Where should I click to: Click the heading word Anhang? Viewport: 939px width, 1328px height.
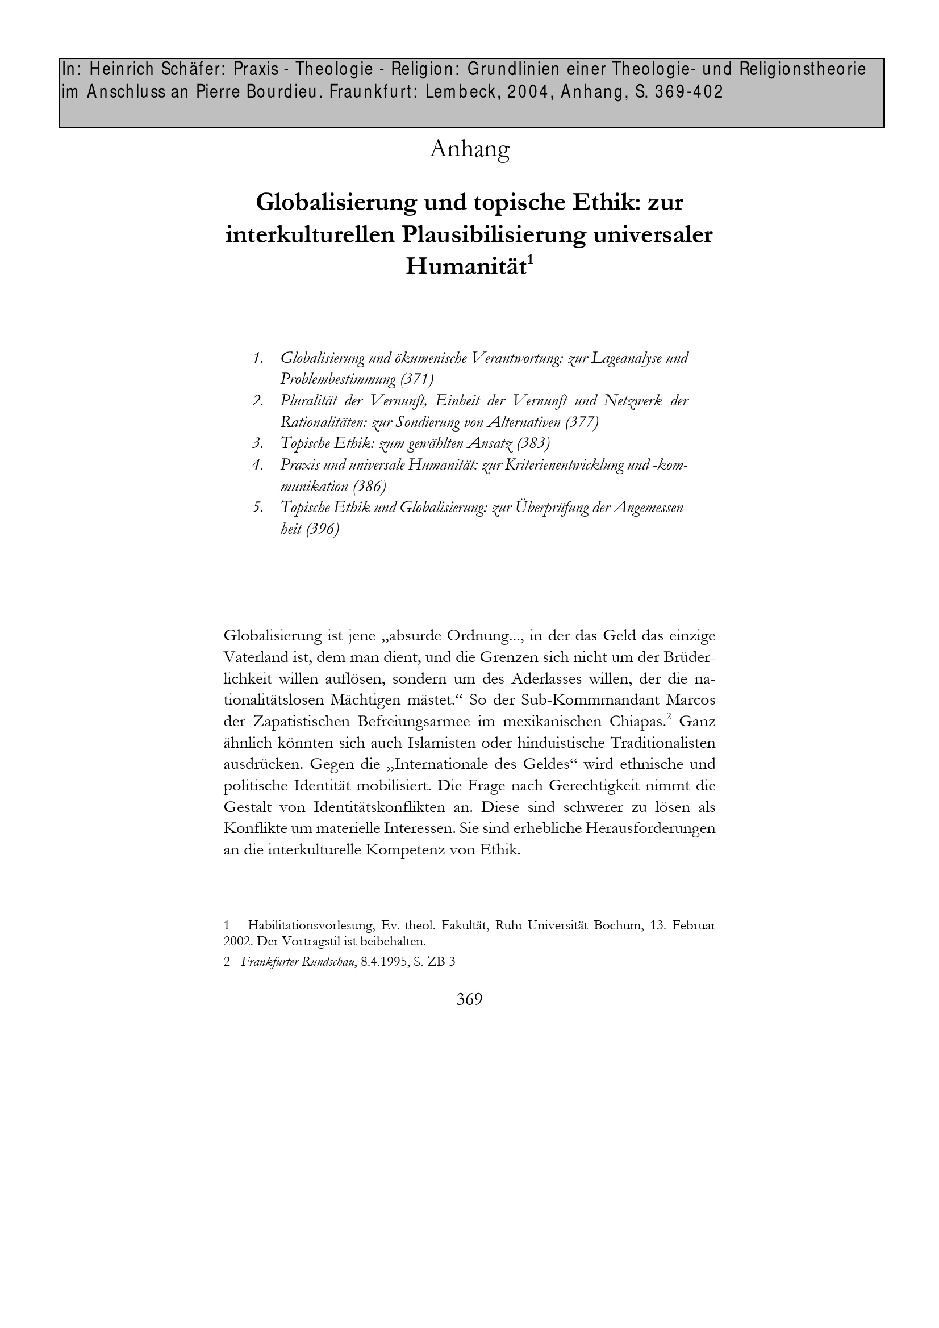pos(469,149)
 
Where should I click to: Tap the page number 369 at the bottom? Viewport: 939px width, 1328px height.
pos(469,999)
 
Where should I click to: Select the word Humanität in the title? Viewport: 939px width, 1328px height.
pos(465,267)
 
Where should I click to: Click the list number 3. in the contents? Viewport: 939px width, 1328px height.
pos(258,443)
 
